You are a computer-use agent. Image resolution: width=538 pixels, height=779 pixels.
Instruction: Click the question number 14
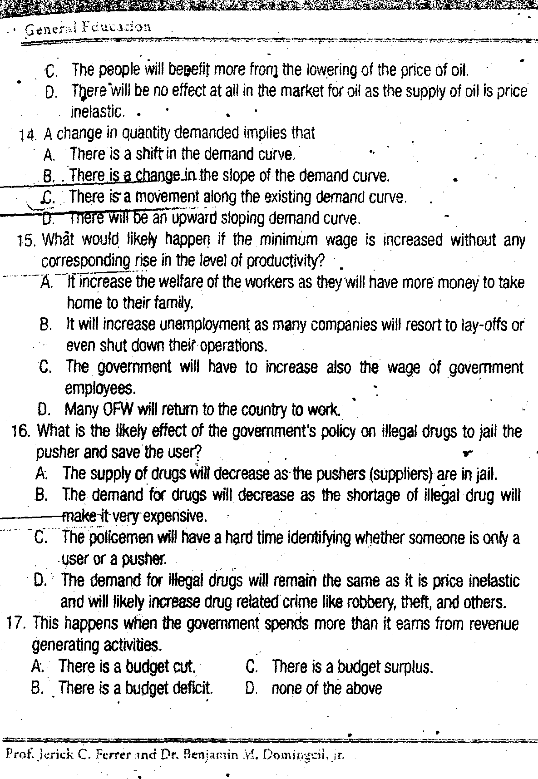tap(28, 135)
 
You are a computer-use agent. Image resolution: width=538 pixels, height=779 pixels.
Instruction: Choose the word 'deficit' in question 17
tap(193, 689)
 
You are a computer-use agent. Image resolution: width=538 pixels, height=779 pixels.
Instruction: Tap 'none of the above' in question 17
tap(326, 689)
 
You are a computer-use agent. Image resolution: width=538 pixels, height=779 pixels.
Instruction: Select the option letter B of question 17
tap(37, 689)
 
